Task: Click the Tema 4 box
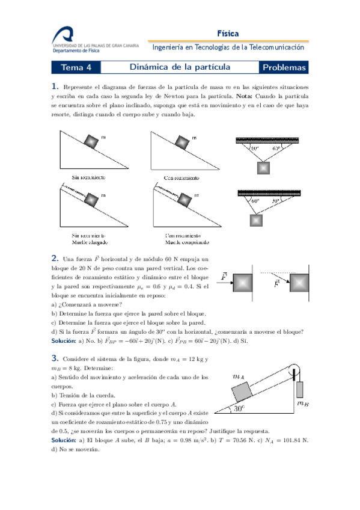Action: coord(76,67)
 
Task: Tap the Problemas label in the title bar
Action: coord(284,67)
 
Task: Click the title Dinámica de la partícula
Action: coord(180,67)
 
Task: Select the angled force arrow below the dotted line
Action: coord(281,280)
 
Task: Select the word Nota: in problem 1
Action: coord(245,96)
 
